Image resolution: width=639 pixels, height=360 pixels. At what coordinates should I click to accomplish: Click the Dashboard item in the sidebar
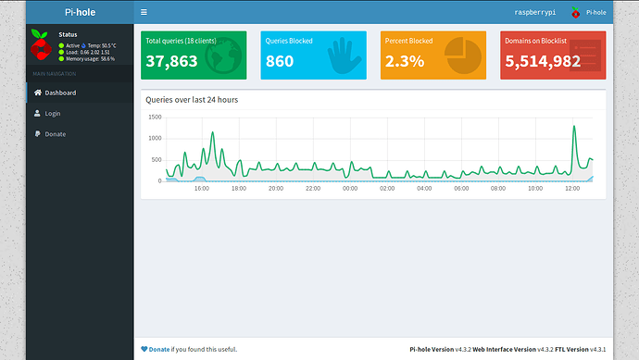[59, 93]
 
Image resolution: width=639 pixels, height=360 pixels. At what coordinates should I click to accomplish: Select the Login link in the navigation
[54, 113]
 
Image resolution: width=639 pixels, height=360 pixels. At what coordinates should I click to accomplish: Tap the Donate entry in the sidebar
[55, 134]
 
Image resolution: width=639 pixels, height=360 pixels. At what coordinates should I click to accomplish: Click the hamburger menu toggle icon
[144, 12]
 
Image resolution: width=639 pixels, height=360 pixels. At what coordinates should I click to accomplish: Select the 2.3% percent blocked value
[406, 61]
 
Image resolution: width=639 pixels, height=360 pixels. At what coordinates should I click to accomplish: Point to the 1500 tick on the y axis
[155, 118]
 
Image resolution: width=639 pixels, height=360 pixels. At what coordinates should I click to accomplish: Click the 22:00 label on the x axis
[313, 188]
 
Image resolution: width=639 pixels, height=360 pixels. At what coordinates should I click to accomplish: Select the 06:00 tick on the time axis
[461, 188]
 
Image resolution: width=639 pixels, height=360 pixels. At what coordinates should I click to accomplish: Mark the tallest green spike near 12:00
[574, 127]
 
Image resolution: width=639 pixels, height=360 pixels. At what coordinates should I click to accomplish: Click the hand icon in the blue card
[343, 55]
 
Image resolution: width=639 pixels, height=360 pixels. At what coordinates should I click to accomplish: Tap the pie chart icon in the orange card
[461, 55]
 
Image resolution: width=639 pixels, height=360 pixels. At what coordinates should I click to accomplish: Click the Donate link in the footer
[158, 349]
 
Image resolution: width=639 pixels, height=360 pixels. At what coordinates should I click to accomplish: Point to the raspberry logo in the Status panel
[40, 45]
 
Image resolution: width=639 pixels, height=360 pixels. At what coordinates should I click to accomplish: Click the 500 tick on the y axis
[157, 159]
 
